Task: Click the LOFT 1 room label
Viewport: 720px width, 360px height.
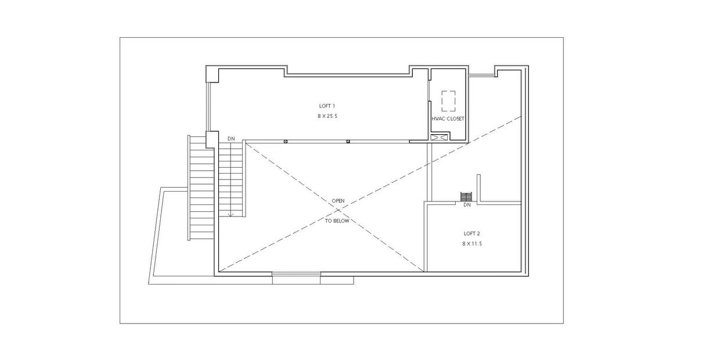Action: [x=327, y=106]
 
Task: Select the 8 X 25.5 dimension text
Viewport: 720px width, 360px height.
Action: [x=327, y=116]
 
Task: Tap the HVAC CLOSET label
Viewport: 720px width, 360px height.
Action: [x=448, y=118]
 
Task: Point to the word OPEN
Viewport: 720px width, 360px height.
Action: [x=338, y=200]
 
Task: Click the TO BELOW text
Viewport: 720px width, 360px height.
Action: [x=337, y=221]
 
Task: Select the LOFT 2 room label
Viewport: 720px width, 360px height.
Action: [x=471, y=233]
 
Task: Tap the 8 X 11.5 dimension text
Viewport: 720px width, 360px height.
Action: [x=472, y=244]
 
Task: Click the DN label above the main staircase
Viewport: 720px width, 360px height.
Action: [x=231, y=139]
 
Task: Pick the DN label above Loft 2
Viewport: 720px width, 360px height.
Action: [x=467, y=205]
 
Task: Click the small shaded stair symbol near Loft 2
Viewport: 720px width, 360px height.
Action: [x=466, y=197]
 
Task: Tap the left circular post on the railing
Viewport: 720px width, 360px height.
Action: [x=286, y=142]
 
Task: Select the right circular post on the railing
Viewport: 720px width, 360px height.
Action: [x=348, y=142]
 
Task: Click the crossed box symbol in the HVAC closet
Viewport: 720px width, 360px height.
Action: [x=439, y=138]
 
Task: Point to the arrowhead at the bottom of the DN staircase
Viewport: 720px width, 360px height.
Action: [x=231, y=214]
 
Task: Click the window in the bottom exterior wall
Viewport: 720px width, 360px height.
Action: [x=296, y=274]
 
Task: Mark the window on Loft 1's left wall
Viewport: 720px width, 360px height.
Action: [x=208, y=106]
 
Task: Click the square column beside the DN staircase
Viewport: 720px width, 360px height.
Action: [x=212, y=139]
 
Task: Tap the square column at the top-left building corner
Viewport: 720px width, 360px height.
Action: [x=212, y=74]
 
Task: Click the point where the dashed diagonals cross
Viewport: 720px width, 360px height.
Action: [x=338, y=210]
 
